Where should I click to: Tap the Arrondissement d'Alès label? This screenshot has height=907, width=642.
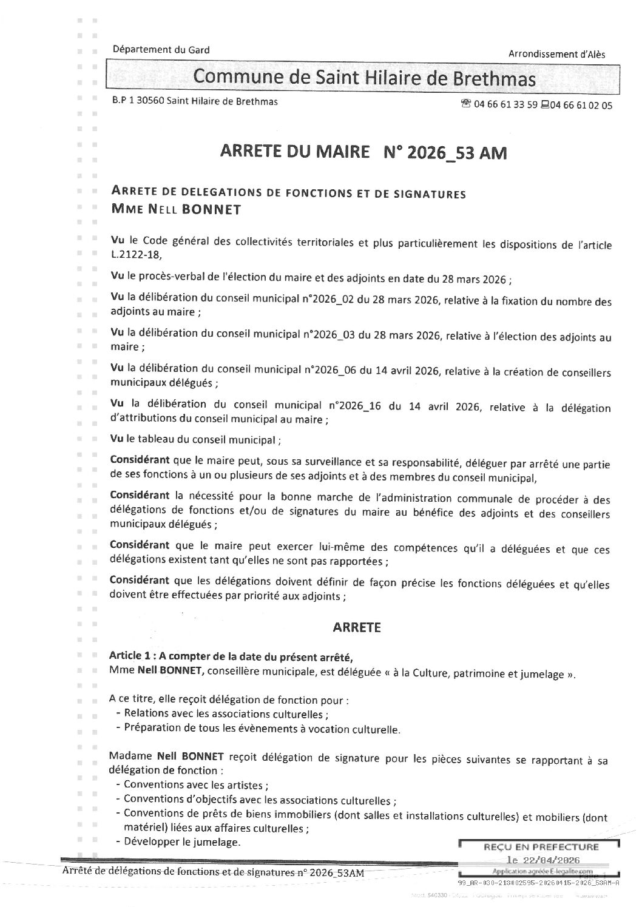point(556,54)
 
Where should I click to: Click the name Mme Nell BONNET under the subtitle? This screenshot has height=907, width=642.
point(176,210)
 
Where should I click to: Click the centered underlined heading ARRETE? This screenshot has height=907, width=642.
point(357,627)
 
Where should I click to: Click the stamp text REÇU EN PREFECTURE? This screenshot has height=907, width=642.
point(540,846)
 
